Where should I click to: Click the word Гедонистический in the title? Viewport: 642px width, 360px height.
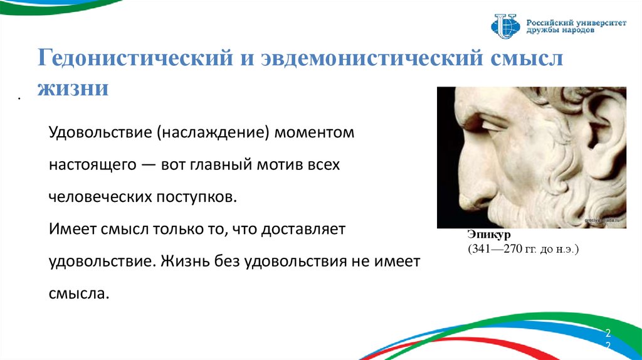[135, 58]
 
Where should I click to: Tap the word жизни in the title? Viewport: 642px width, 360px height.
[73, 88]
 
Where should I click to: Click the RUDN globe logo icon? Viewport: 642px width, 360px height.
[505, 26]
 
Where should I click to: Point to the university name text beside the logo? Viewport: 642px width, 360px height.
[576, 26]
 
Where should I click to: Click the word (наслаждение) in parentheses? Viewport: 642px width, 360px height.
[213, 133]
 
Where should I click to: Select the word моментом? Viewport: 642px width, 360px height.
[314, 133]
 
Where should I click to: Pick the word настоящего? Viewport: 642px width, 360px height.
[93, 165]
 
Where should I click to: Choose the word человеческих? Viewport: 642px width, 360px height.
[100, 197]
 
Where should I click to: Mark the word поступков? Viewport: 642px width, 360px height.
[197, 197]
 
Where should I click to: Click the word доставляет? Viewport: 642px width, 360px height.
[303, 230]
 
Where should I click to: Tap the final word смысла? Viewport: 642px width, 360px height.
[79, 294]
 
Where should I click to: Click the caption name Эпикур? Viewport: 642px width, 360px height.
[488, 235]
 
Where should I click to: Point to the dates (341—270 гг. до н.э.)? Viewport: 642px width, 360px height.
[524, 248]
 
